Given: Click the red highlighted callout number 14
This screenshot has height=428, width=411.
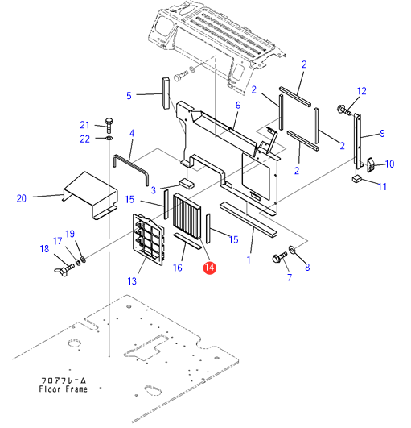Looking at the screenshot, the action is pos(209,268).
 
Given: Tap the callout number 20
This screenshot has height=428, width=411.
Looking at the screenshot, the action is pos(22,198).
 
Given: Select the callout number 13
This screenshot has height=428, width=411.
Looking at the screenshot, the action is pos(132,280).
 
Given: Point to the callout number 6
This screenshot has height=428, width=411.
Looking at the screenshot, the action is pos(238,105).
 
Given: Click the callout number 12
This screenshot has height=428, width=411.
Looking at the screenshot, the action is pos(362,91).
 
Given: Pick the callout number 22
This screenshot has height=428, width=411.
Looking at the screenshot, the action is pos(84,139).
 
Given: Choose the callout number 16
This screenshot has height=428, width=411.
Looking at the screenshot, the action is pos(178,268).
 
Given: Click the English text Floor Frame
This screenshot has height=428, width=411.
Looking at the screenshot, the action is pos(64,389).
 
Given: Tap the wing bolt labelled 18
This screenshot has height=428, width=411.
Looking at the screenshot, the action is pos(64,270).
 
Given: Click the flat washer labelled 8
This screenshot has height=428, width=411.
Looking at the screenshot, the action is pos(292,249).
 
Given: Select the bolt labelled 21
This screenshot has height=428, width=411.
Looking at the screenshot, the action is pos(109,125).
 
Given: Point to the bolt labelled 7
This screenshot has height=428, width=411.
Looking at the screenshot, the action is pos(279,257).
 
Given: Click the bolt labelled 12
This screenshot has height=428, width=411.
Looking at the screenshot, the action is pos(344,110).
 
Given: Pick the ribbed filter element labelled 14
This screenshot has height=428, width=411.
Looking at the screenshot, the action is pos(187,216).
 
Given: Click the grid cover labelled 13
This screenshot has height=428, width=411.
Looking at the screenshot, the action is pos(149,239).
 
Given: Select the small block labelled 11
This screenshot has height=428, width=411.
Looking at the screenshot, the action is pos(356,178).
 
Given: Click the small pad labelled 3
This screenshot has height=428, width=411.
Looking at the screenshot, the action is pos(187,184).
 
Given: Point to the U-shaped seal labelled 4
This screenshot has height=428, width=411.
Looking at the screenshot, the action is pos(131,167).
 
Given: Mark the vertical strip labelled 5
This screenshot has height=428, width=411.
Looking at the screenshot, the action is pos(166,93).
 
